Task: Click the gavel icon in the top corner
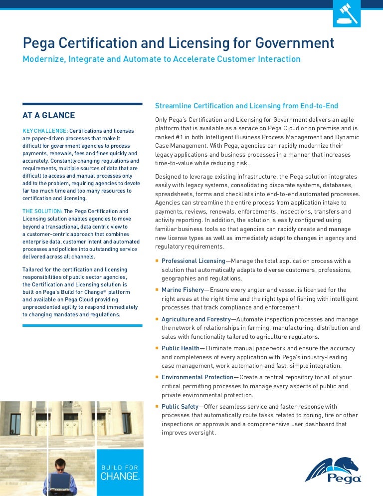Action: click(x=346, y=13)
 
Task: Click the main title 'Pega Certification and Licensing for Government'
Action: click(x=178, y=43)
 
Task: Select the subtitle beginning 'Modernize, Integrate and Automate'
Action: click(x=162, y=59)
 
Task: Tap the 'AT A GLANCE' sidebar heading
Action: click(x=49, y=116)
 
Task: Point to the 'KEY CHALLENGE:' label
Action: click(x=45, y=130)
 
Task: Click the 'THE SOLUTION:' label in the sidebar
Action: click(x=42, y=211)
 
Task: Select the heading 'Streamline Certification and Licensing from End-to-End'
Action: click(x=246, y=106)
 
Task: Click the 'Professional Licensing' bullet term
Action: click(x=193, y=261)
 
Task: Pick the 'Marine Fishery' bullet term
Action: click(x=183, y=290)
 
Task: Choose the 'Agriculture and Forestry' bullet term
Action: click(x=196, y=319)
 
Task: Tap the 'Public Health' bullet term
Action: click(x=180, y=348)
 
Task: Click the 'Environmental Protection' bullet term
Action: click(x=197, y=377)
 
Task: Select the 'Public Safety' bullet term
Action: click(x=180, y=407)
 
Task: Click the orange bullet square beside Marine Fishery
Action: click(x=157, y=290)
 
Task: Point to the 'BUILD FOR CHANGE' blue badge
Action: click(x=120, y=473)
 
